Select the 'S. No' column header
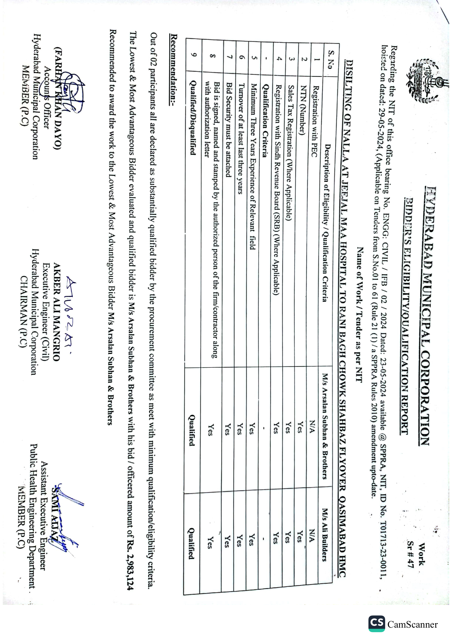tap(330, 59)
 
